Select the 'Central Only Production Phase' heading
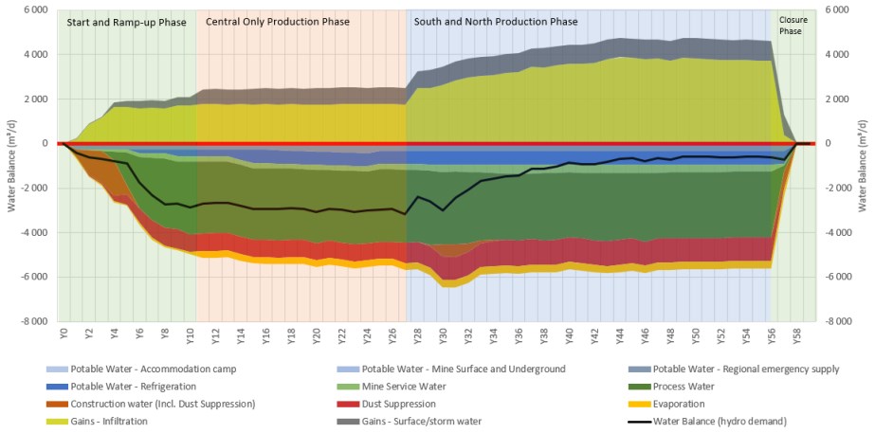(x=278, y=21)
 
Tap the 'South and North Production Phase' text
(x=494, y=21)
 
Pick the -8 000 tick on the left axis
(x=34, y=321)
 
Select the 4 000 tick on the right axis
(x=839, y=54)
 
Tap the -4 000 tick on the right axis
(x=838, y=232)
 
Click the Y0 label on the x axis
(x=64, y=334)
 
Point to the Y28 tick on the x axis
(x=417, y=334)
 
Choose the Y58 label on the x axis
(x=796, y=334)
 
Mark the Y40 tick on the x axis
(x=569, y=334)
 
